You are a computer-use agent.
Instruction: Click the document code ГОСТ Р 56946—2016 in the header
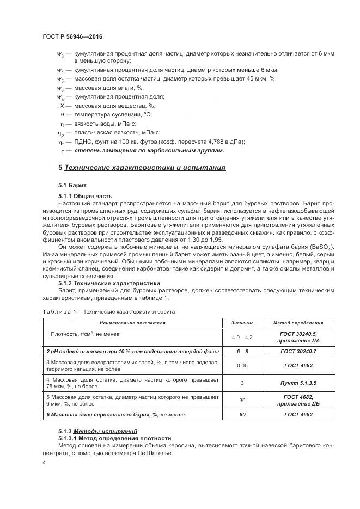[72, 36]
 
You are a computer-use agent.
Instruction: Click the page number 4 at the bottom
[44, 462]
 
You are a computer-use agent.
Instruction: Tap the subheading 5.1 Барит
[72, 185]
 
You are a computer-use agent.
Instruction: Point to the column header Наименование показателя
[132, 323]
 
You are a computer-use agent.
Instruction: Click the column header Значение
[242, 323]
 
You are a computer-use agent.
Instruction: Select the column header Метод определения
[298, 323]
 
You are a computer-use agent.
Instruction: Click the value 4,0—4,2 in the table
[242, 338]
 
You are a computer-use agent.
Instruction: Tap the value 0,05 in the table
[242, 366]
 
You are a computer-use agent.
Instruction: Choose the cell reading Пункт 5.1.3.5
[298, 383]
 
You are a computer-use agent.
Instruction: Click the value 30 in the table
[242, 400]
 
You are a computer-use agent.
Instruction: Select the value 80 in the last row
[242, 415]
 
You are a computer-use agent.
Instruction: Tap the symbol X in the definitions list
[62, 105]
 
